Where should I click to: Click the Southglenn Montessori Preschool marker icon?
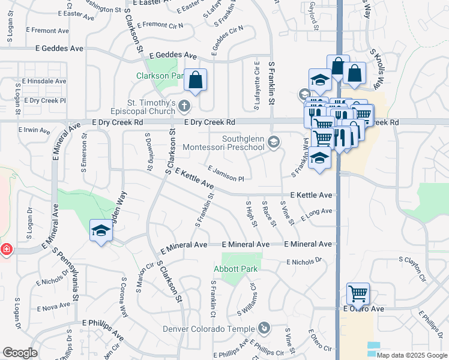point(274,142)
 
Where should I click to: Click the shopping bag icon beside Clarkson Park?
point(196,80)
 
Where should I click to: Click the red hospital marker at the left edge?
point(5,249)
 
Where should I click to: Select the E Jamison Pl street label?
point(226,174)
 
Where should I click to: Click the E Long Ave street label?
point(317,214)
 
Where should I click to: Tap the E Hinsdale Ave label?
point(44,80)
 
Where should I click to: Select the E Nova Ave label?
point(53,308)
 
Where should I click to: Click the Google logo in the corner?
point(20,353)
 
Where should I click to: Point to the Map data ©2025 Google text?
point(412,355)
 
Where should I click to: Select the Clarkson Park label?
point(160,76)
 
